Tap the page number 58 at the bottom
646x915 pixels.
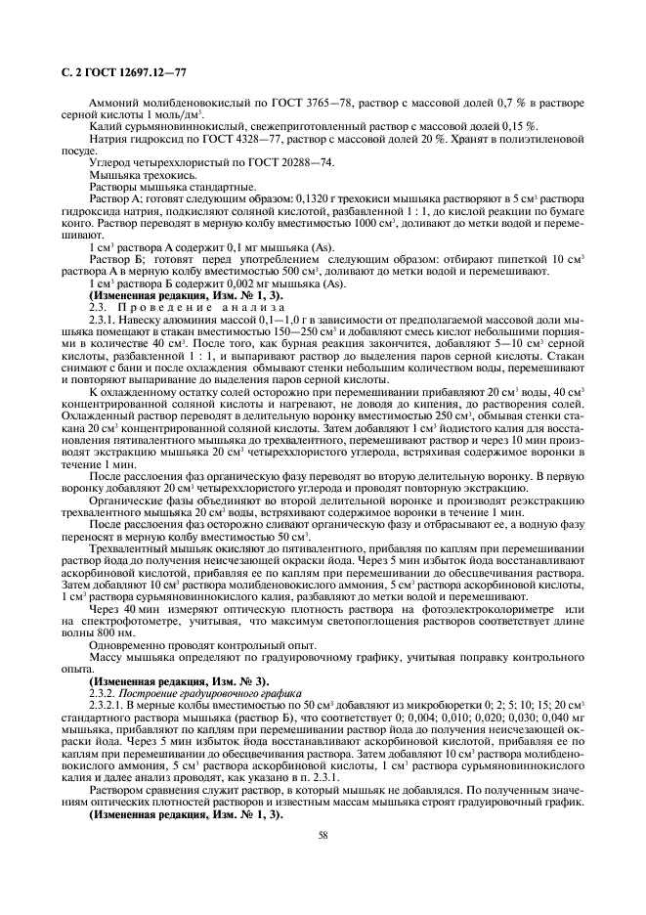coord(322,834)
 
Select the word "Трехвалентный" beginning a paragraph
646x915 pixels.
coord(132,549)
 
